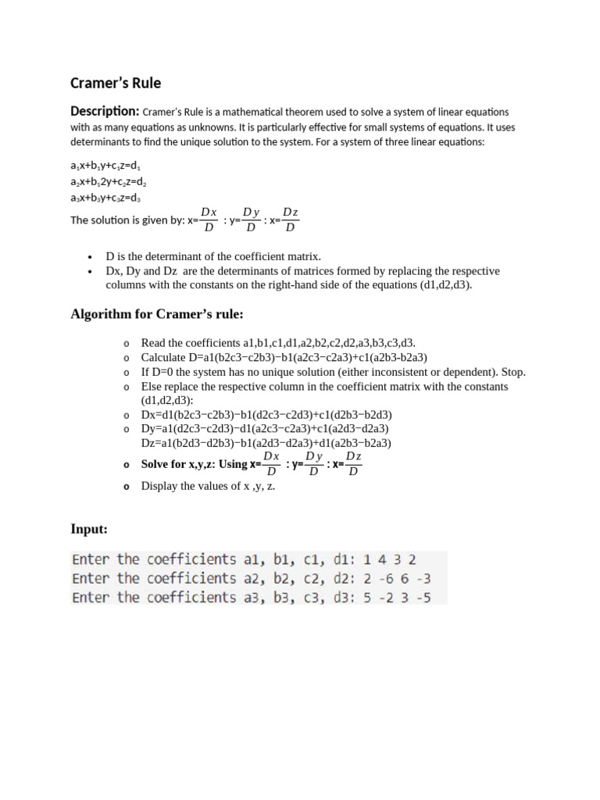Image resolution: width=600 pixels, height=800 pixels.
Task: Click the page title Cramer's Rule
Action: (116, 82)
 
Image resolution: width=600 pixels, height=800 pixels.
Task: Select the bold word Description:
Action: (105, 112)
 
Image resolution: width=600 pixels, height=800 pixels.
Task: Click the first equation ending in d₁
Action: (105, 166)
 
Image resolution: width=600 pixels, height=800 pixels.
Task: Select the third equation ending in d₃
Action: (105, 198)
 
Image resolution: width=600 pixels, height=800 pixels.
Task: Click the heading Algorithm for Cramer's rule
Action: (157, 315)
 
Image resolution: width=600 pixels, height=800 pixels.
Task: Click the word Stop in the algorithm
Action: (512, 372)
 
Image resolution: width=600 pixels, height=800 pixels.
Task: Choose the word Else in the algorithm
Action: (152, 387)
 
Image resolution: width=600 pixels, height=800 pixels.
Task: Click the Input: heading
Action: (89, 530)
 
